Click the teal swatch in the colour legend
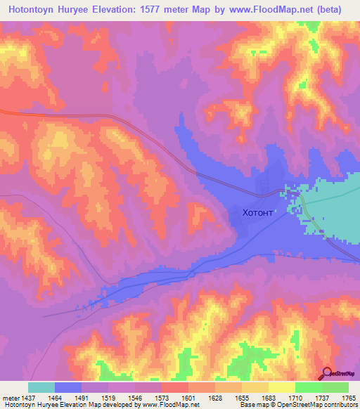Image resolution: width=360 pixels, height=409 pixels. tap(41, 387)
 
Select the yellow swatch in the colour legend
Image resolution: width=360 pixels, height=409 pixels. tap(281, 387)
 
